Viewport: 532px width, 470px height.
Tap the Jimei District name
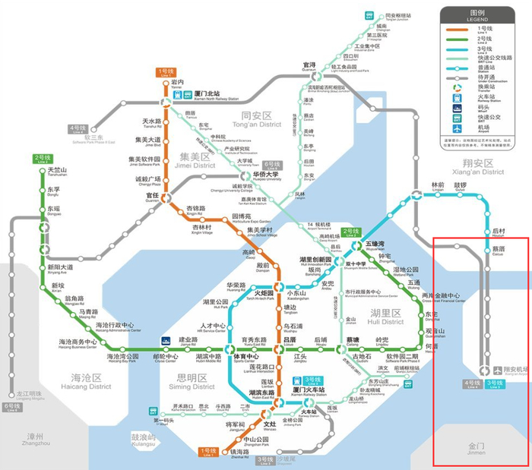193,160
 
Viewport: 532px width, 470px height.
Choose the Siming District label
196,381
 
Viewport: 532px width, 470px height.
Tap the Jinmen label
476,448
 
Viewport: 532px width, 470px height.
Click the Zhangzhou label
37,439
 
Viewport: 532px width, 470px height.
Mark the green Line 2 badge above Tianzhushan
41,158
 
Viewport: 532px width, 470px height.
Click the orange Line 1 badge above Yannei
166,72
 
